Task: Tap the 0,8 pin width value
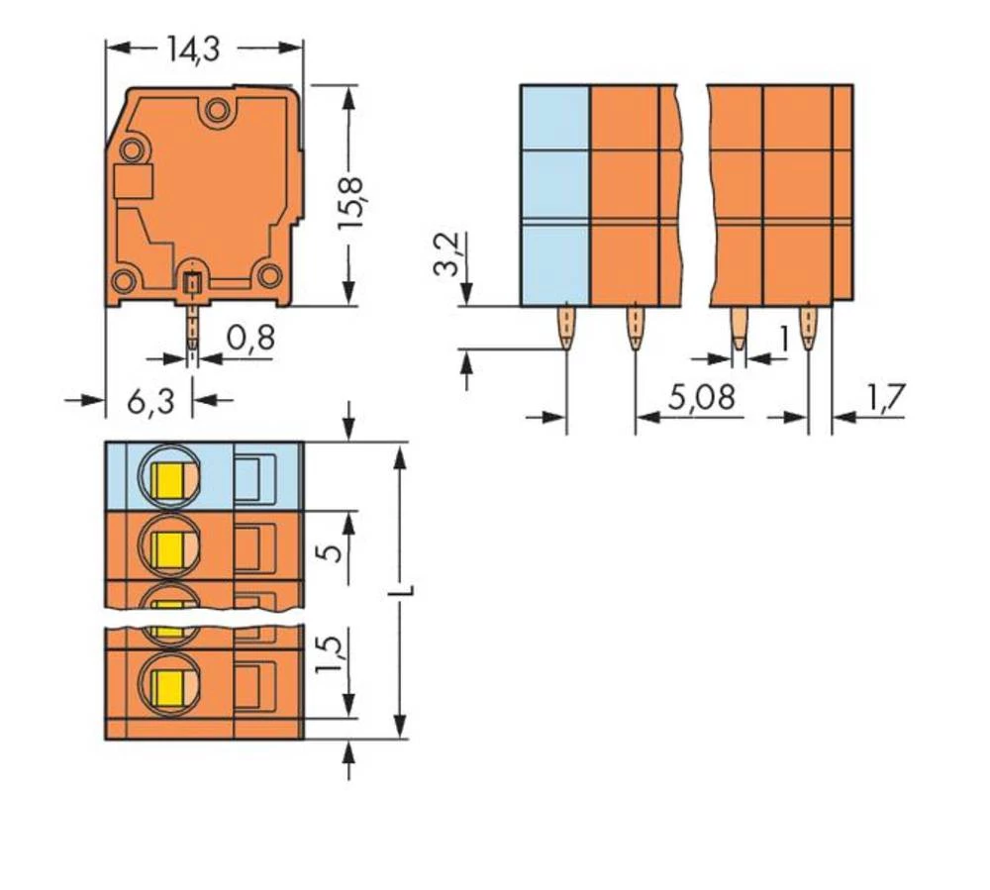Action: click(249, 339)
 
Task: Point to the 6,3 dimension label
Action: click(150, 401)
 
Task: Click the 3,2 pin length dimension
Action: click(446, 254)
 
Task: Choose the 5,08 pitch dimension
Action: click(701, 398)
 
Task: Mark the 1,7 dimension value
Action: click(885, 398)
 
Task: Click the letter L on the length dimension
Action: click(404, 591)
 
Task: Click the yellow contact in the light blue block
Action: click(170, 481)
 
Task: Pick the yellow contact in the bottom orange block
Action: click(170, 682)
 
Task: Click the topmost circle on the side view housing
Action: click(215, 112)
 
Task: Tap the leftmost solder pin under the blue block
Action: click(564, 327)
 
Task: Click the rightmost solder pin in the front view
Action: click(809, 327)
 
